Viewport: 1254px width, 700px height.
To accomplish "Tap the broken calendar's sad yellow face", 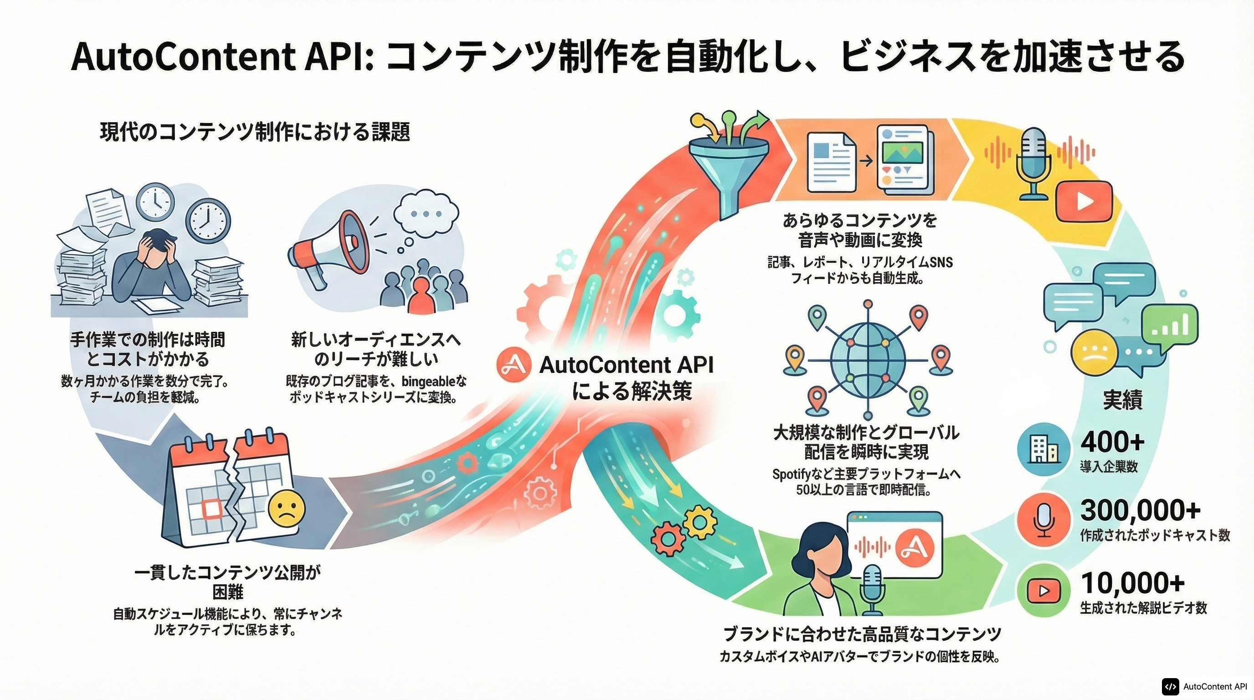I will click(287, 508).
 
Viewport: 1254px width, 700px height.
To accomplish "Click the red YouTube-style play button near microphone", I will click(1084, 201).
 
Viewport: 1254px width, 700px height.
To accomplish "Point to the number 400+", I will click(1112, 442).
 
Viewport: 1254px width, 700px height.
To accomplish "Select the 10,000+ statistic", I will click(1132, 583).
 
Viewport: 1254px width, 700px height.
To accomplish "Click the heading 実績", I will click(1122, 400).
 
